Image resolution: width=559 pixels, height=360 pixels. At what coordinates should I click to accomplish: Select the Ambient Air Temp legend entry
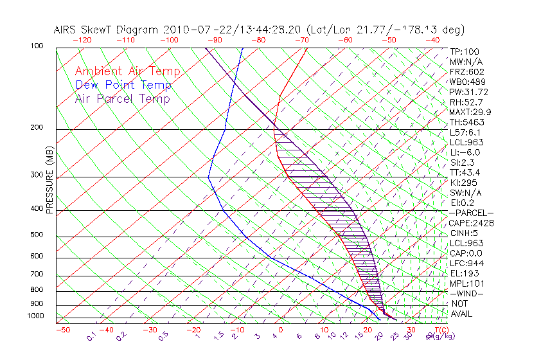pos(127,72)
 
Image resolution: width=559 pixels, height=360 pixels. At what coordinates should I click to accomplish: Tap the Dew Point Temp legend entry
pos(123,85)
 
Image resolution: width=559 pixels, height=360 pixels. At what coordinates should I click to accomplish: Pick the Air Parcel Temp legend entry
pos(122,98)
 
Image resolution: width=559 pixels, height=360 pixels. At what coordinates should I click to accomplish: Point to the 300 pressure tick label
pos(37,175)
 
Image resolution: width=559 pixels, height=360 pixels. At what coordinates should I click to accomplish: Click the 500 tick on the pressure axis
pos(37,235)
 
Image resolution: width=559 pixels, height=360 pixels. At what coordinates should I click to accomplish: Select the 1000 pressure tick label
pos(35,316)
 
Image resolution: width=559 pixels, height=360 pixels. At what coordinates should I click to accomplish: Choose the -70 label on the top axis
pos(301,40)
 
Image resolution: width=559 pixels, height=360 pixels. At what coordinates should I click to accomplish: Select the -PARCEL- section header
pos(471,213)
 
